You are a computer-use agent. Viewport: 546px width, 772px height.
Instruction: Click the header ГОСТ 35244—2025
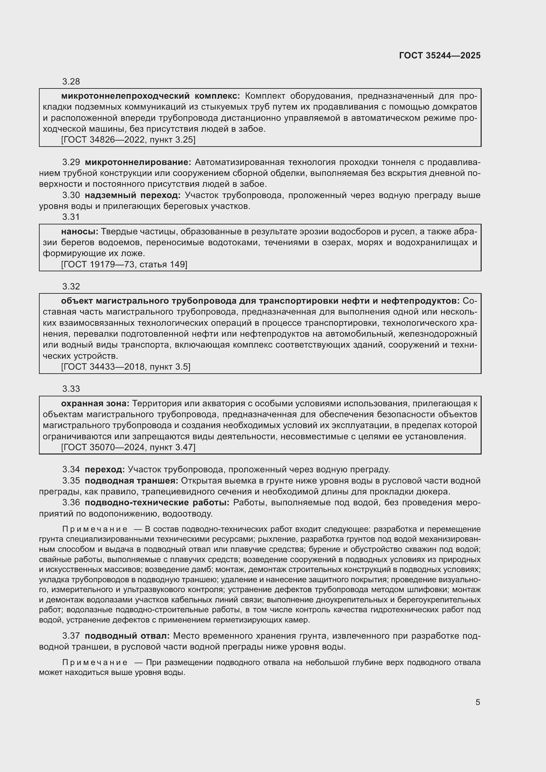[440, 56]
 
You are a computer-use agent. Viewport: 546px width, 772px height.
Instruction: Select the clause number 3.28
[71, 82]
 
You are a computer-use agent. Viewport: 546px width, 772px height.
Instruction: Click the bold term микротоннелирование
[138, 162]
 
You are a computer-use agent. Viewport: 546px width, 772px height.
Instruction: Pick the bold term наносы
[80, 232]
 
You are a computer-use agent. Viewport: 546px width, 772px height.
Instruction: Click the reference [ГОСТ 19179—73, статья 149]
[124, 265]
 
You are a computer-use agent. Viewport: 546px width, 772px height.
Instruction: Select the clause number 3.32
[71, 286]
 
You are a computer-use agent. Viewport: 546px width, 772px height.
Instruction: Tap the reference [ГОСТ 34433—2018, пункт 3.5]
[126, 367]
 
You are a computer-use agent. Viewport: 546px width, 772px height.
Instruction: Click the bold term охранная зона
[95, 403]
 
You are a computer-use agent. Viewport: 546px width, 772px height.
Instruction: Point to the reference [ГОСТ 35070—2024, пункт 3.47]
[128, 448]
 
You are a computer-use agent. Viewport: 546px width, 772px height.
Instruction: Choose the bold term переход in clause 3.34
[105, 469]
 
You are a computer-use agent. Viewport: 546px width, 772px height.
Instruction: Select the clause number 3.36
[71, 503]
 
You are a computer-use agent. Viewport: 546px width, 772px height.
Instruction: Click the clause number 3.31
[71, 217]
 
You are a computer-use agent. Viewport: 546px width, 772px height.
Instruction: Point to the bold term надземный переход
[132, 195]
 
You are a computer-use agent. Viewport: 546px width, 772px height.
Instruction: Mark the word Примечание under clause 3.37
[95, 662]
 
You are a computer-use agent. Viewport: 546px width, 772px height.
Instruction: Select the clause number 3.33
[71, 389]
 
